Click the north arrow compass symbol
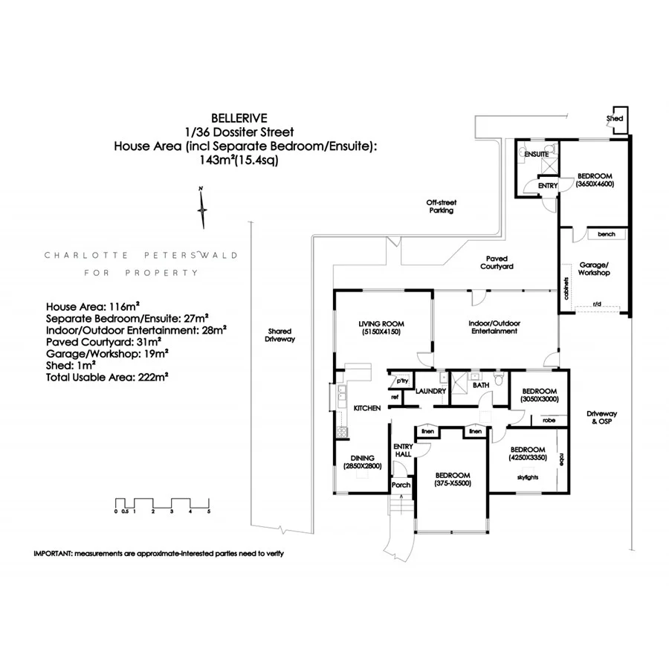click(x=201, y=208)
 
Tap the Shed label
click(x=615, y=119)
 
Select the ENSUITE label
click(x=536, y=154)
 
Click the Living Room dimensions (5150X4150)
click(x=381, y=332)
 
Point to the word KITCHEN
click(x=367, y=408)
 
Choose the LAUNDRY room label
click(x=430, y=391)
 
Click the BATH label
click(x=481, y=385)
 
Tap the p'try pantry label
click(x=402, y=381)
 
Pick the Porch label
click(x=401, y=485)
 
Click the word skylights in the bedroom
click(x=527, y=477)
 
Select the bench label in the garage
click(x=607, y=234)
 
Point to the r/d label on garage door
click(x=597, y=304)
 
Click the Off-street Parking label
click(x=441, y=207)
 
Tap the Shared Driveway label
click(x=280, y=335)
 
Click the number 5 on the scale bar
click(x=209, y=511)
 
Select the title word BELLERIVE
click(x=239, y=118)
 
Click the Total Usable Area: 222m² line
click(x=106, y=377)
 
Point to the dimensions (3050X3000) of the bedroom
click(x=540, y=399)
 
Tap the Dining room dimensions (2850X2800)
click(x=362, y=466)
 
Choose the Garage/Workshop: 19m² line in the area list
click(x=107, y=354)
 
